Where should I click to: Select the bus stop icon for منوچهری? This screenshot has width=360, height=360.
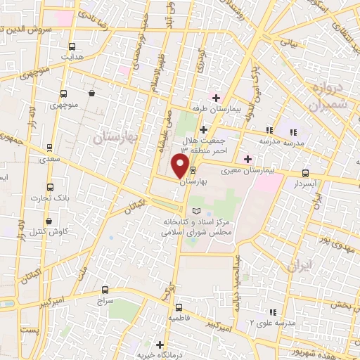click(x=64, y=94)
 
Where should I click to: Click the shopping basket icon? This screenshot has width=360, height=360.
click(x=92, y=93)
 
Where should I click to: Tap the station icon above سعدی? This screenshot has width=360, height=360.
click(x=49, y=147)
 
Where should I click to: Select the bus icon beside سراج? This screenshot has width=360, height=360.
click(x=105, y=289)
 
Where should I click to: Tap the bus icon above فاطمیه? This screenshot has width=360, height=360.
click(x=179, y=307)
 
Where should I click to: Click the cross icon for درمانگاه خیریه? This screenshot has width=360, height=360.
click(x=160, y=345)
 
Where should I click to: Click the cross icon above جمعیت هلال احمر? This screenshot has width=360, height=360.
click(x=203, y=129)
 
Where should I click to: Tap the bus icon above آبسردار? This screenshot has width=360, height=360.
click(x=305, y=172)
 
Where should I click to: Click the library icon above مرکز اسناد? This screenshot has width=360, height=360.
click(x=197, y=211)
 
